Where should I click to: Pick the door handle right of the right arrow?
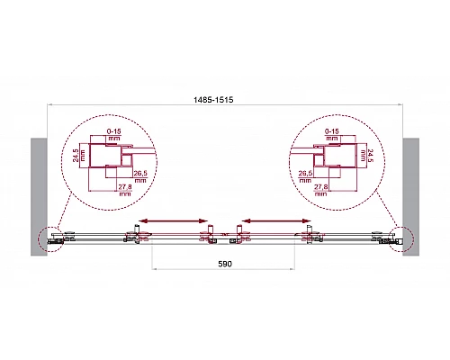coord(313,233)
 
